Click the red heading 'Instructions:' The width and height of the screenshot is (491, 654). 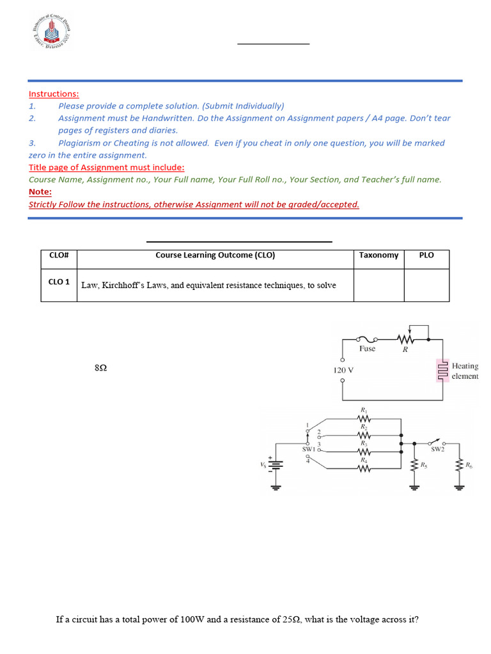[54, 94]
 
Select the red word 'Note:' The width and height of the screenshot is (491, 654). [40, 192]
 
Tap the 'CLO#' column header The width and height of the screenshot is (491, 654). [59, 255]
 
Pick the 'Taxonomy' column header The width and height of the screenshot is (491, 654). [378, 255]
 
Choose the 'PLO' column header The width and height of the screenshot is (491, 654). [426, 255]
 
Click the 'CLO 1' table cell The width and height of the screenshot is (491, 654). [59, 281]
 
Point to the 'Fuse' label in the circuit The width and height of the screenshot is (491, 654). [368, 349]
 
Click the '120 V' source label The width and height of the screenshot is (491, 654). [343, 370]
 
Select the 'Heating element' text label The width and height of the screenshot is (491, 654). [465, 371]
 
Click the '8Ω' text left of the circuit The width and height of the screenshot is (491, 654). [100, 369]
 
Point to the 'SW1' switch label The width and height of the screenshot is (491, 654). [309, 450]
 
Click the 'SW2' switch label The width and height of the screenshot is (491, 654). [437, 450]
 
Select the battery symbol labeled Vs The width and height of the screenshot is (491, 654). [276, 467]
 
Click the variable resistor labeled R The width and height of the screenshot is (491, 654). [404, 339]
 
